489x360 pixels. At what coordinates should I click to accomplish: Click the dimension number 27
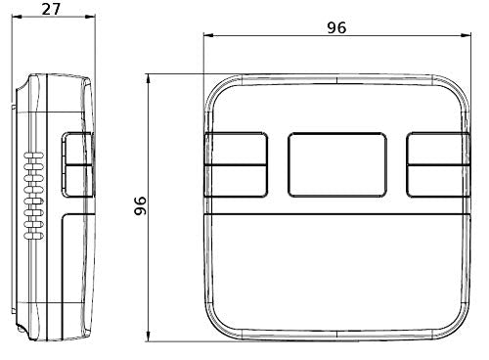[52, 9]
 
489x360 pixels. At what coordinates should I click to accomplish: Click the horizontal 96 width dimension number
[336, 27]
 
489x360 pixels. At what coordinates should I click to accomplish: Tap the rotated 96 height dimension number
[141, 205]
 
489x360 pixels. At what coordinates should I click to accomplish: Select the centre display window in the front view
[337, 164]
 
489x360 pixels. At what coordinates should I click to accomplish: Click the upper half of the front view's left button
[236, 149]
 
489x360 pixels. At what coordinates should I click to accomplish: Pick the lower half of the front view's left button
[236, 181]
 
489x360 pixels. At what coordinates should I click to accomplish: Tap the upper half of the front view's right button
[438, 149]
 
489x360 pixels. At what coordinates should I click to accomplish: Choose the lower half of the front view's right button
[438, 181]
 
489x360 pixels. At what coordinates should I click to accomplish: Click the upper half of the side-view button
[78, 149]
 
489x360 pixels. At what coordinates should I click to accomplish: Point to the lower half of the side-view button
[78, 181]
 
